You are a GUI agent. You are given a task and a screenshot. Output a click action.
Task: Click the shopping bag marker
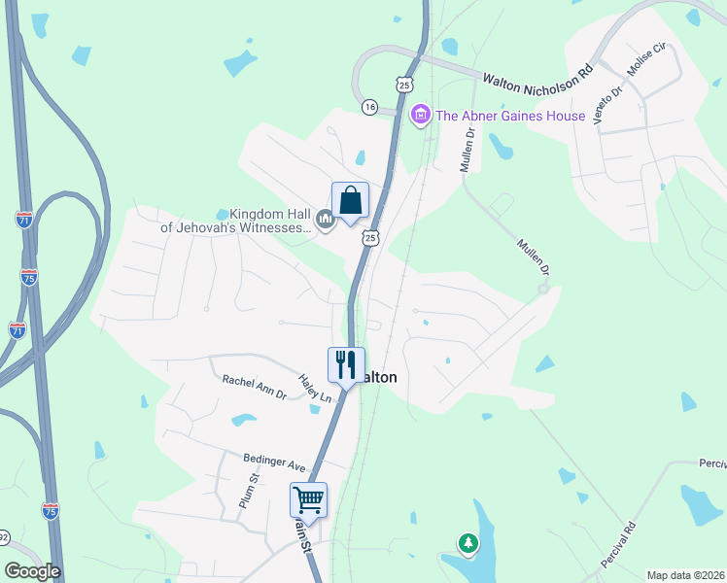pos(350,201)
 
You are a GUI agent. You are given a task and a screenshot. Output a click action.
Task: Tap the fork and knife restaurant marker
pos(346,366)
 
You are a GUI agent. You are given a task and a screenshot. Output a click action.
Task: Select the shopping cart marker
pos(308,500)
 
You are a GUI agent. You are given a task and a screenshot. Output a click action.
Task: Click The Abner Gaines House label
pos(510,117)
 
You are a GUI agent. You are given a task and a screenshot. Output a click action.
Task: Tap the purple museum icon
pos(421,116)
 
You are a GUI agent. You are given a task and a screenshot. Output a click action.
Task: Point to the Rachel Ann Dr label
pos(255,388)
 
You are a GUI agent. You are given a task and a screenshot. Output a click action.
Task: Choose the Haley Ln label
pos(315,390)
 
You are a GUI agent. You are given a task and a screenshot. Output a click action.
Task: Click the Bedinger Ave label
pos(275,463)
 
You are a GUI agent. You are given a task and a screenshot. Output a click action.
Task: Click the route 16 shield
pos(369,107)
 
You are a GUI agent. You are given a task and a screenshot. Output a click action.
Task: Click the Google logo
pos(32,571)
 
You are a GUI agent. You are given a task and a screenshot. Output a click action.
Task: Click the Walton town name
pos(379,377)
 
